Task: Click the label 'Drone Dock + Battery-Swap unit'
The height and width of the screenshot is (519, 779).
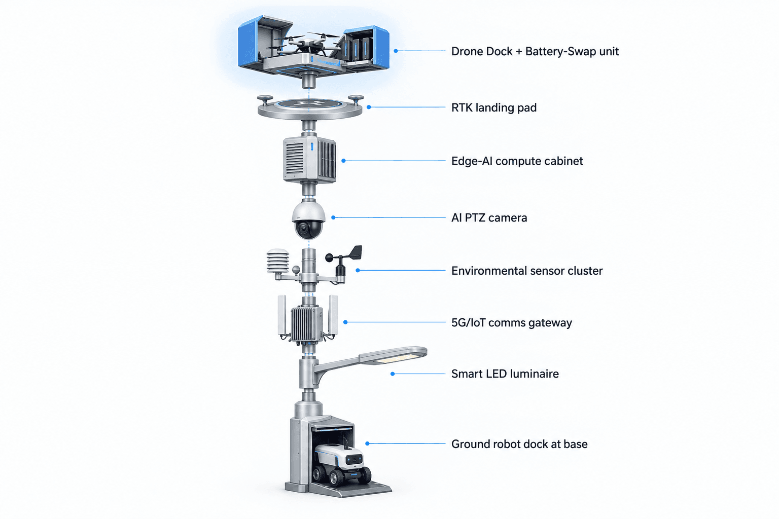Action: (x=535, y=52)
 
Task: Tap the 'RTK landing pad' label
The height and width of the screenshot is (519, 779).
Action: (x=494, y=108)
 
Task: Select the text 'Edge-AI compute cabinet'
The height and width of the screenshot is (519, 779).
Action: (x=517, y=161)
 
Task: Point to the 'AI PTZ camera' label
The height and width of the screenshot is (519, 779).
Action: (x=489, y=218)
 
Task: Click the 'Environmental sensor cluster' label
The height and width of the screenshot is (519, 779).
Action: (x=527, y=271)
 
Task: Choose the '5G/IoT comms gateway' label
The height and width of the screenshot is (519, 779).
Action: (x=512, y=323)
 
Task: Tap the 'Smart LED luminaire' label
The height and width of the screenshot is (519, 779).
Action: (x=505, y=374)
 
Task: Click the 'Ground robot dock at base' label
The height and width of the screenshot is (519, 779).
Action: (x=519, y=444)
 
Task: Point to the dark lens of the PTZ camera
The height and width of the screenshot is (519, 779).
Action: (x=303, y=230)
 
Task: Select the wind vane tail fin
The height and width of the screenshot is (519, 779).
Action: (x=355, y=252)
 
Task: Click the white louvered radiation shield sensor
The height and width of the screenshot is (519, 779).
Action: (x=278, y=261)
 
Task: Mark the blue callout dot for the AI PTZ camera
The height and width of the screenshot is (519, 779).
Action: (x=333, y=217)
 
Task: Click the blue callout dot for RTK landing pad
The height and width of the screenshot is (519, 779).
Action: (x=369, y=107)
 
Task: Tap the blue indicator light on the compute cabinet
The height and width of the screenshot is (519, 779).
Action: (x=312, y=146)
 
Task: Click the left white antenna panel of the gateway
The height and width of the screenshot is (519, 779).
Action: (x=281, y=315)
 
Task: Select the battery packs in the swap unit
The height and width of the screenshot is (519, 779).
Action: (x=356, y=49)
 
